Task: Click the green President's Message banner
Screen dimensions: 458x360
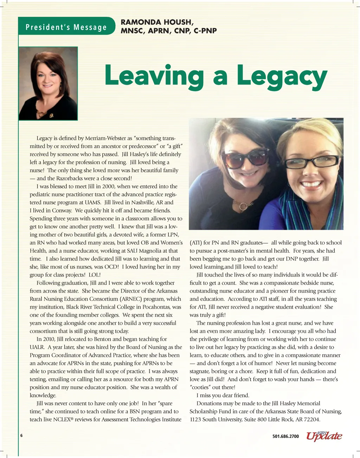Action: point(66,27)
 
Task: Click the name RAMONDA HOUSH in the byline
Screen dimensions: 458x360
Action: point(157,22)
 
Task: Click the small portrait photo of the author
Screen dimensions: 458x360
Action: point(48,84)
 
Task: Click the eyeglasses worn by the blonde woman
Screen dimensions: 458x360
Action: point(311,162)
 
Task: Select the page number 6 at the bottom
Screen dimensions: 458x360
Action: point(21,436)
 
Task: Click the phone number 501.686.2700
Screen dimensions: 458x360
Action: point(285,436)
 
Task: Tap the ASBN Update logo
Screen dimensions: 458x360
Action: point(324,436)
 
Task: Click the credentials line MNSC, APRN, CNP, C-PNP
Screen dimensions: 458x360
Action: point(168,31)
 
